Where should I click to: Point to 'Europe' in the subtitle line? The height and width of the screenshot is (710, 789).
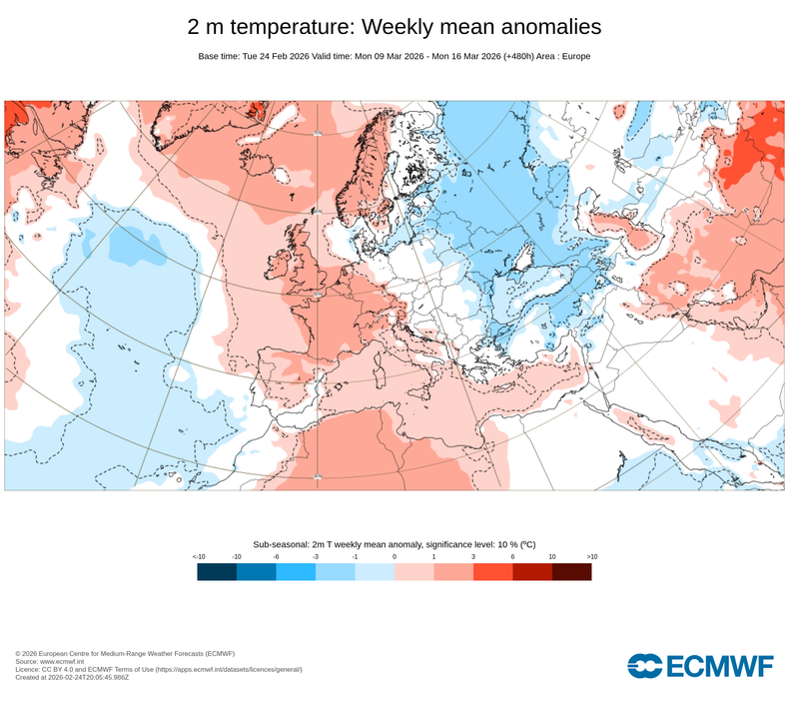pos(575,56)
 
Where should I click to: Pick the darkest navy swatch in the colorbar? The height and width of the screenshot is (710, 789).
pos(217,571)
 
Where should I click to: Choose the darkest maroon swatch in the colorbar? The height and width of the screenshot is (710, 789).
pos(571,571)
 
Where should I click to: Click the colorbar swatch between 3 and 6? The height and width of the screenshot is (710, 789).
pos(492,571)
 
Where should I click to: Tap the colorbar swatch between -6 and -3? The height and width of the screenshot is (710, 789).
pos(296,571)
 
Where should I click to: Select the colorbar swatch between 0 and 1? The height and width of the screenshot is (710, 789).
pos(413,571)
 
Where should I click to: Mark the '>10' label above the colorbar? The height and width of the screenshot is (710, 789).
pos(591,556)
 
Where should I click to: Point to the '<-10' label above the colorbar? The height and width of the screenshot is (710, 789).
pos(198,556)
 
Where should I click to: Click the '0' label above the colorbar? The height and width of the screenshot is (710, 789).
pos(394,556)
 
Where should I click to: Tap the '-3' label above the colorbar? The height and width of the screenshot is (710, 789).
pos(316,556)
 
